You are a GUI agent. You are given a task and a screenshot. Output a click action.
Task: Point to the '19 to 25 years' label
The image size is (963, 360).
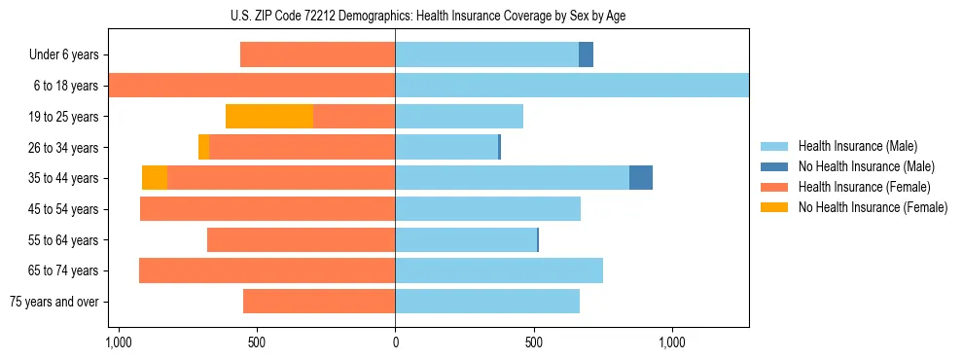61,117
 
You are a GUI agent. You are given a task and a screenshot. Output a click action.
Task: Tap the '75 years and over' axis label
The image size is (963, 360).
54,302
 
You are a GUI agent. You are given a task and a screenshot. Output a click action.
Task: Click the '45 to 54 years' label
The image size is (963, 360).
61,209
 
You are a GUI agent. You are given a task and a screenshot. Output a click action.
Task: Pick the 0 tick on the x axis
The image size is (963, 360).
395,343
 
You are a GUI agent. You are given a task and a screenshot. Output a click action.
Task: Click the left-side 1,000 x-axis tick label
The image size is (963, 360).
118,343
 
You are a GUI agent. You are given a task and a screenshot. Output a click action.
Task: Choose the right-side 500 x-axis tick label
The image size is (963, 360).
534,343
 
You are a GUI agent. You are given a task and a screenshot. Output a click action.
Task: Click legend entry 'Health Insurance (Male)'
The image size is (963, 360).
857,146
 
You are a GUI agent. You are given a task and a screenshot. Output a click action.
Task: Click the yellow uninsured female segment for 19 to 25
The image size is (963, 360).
269,117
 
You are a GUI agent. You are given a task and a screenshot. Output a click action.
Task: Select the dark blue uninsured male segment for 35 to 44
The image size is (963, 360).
641,178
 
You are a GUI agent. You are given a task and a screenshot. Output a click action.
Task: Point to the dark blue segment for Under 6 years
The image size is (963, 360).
586,55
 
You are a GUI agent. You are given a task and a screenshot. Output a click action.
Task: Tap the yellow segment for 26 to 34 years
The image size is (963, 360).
203,147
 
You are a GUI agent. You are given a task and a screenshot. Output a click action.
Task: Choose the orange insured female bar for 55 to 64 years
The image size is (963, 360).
301,240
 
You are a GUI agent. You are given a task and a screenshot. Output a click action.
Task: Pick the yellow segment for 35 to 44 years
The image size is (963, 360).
155,178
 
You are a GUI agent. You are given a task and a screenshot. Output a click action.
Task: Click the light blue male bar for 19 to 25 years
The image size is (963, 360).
459,117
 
